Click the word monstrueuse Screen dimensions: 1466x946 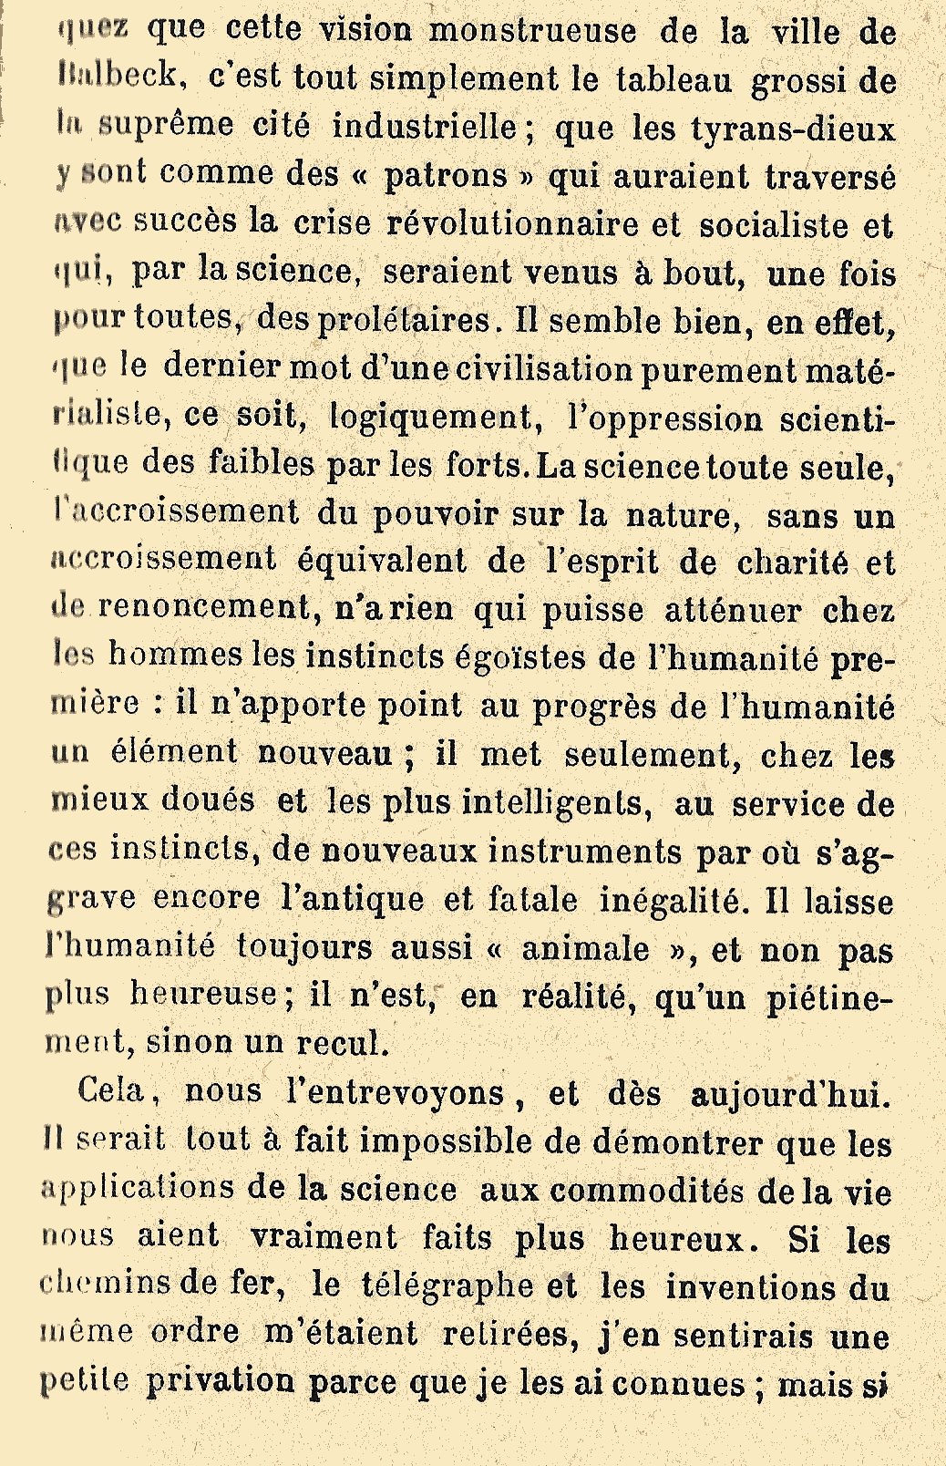pyautogui.click(x=532, y=31)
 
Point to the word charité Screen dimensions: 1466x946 pyautogui.click(x=790, y=562)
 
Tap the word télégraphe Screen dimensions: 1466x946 pyautogui.click(x=447, y=1285)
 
